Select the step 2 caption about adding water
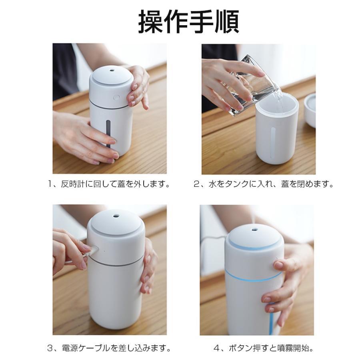(x=263, y=184)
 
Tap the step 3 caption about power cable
(x=109, y=348)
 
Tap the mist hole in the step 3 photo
(x=116, y=216)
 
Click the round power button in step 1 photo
(x=116, y=97)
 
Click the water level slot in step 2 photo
(x=273, y=140)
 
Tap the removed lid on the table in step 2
(x=310, y=109)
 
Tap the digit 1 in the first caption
(x=50, y=184)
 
